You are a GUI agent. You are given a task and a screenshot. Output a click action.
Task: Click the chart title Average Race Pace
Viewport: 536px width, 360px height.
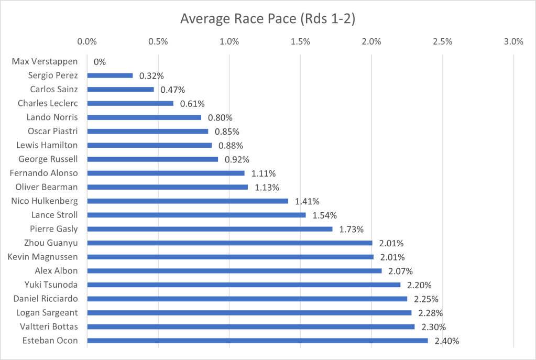268,19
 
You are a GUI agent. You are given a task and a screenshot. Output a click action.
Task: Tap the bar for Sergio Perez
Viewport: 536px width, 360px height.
110,75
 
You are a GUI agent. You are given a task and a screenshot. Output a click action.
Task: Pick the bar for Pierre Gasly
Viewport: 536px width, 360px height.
210,229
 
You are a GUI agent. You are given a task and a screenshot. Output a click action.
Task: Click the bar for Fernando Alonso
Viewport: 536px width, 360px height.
166,173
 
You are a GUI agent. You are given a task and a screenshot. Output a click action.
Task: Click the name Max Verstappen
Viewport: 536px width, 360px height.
45,61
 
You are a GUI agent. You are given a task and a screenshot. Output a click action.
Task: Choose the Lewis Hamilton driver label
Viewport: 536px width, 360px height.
48,145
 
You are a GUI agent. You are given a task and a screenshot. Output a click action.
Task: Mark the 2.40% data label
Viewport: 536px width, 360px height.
447,341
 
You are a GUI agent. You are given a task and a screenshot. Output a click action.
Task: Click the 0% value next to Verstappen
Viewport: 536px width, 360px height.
100,62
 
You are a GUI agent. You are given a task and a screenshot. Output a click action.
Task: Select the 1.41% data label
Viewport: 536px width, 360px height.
308,201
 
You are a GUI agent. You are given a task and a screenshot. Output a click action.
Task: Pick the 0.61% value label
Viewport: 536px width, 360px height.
192,104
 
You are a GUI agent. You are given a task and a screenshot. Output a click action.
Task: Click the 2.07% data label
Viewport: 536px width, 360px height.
401,271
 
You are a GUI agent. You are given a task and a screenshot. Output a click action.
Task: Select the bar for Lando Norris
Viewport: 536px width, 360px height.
144,117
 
